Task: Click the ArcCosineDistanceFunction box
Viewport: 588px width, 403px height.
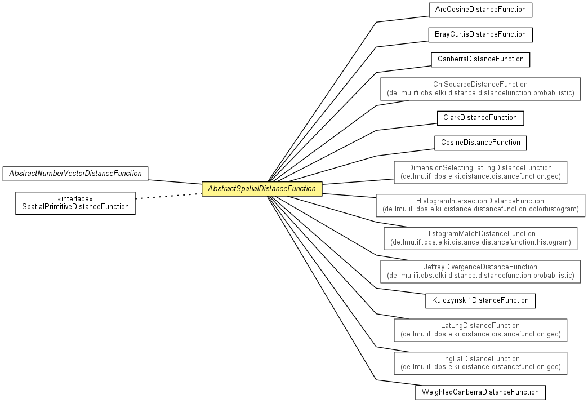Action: [x=480, y=10]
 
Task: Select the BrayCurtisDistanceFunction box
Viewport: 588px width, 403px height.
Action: [x=480, y=34]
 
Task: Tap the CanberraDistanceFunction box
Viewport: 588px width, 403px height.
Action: [x=480, y=59]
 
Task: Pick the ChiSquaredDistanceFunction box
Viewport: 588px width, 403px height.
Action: [x=480, y=88]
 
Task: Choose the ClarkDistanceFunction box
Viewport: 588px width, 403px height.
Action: [x=480, y=118]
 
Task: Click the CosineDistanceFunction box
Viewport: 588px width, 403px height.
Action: [x=480, y=143]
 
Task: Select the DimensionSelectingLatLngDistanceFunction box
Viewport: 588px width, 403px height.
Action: [x=480, y=172]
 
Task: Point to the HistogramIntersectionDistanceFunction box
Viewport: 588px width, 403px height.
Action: [x=480, y=205]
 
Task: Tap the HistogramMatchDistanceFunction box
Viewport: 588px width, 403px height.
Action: [x=480, y=238]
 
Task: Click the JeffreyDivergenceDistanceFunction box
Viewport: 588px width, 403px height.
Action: [x=480, y=271]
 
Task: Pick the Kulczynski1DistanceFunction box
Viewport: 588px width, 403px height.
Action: [x=480, y=300]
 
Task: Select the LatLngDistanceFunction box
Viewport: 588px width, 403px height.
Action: [x=480, y=330]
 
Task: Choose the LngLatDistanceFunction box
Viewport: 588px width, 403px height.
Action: [x=480, y=363]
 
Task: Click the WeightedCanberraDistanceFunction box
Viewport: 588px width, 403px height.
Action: [x=480, y=392]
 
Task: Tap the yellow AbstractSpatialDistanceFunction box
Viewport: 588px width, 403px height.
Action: [x=262, y=189]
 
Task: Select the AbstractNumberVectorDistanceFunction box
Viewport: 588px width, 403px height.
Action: [x=75, y=174]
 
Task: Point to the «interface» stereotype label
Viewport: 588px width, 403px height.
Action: [x=75, y=199]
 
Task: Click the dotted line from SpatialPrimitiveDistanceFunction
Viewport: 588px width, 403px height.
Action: [x=168, y=196]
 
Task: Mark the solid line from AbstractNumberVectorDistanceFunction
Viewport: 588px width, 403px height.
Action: [x=175, y=183]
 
